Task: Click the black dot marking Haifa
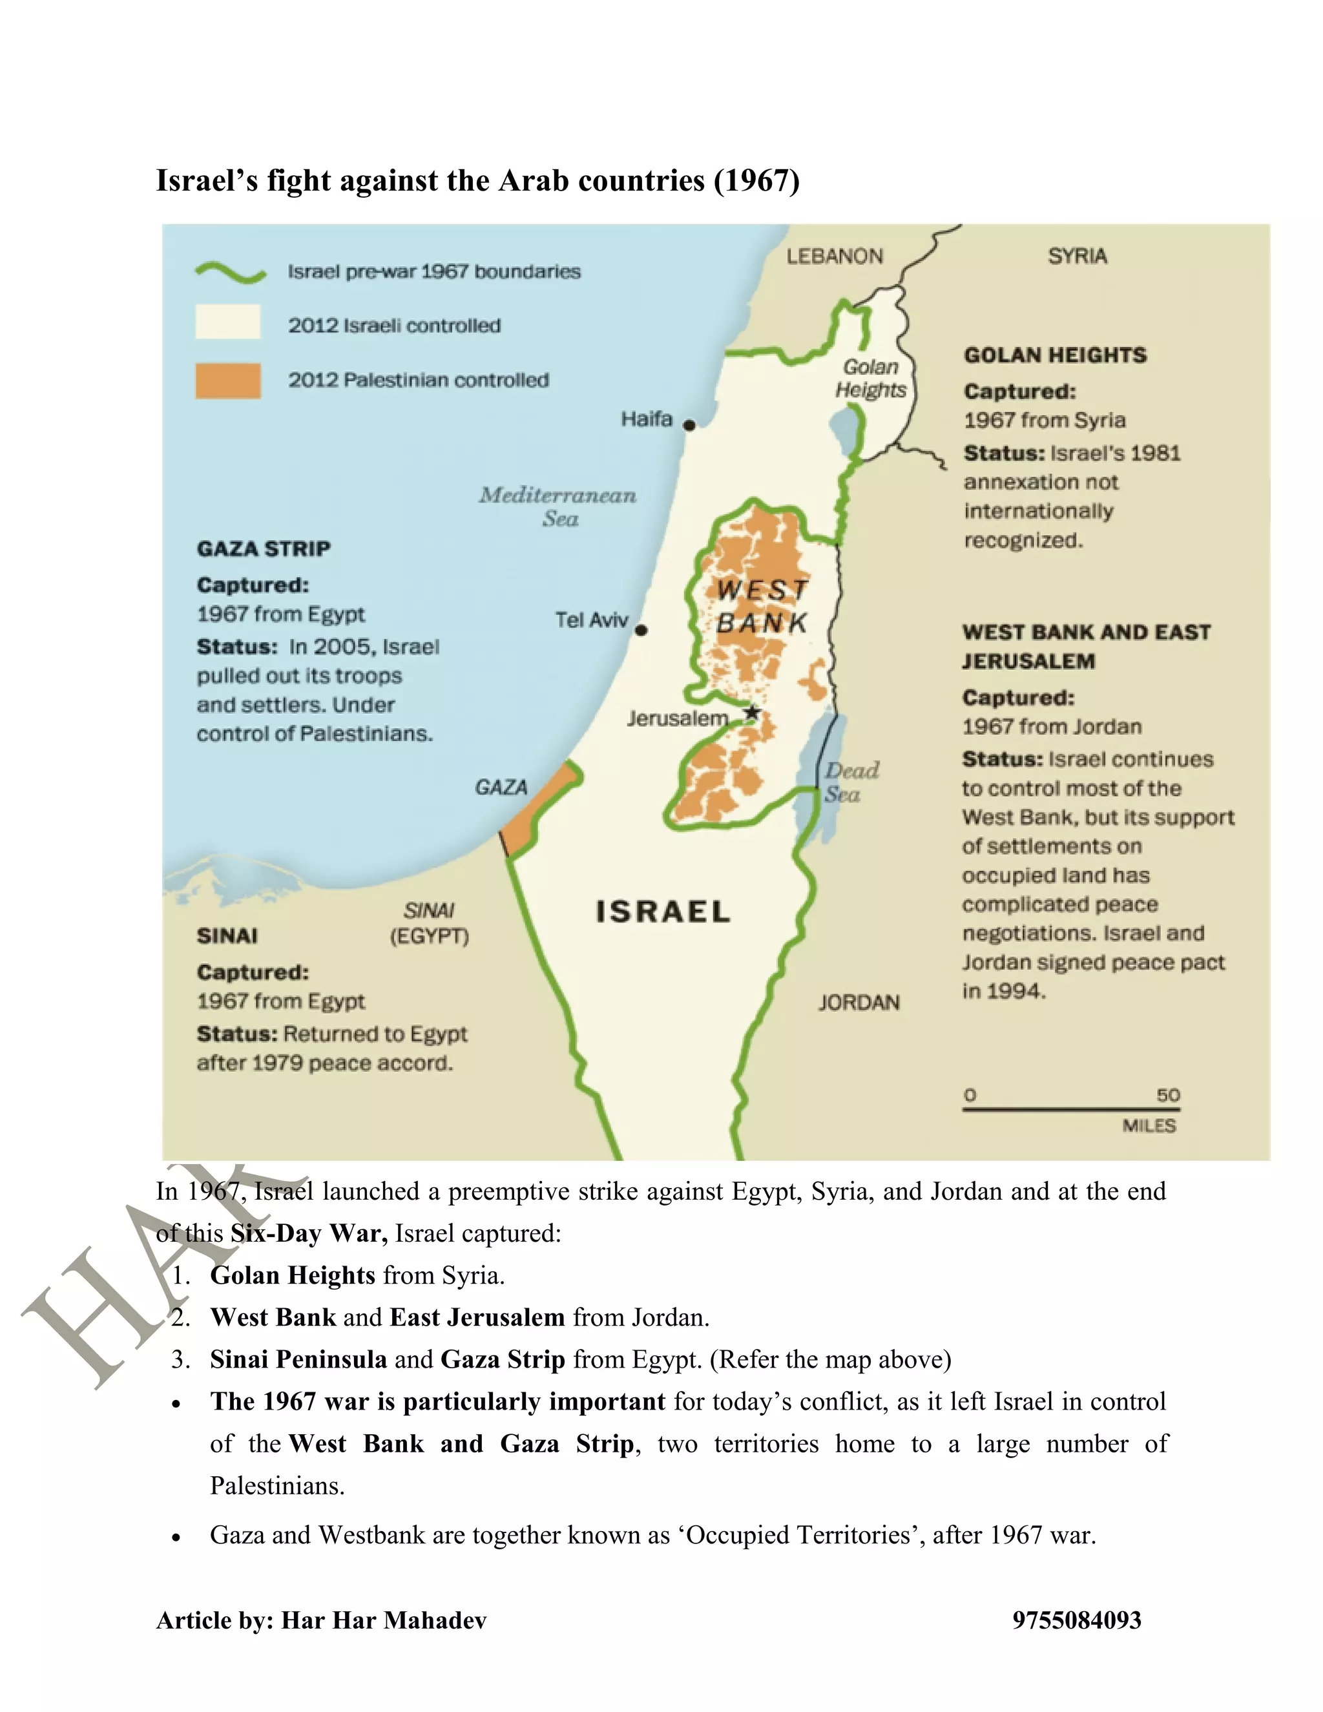[x=689, y=425]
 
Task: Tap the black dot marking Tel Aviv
[x=641, y=629]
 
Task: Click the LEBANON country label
[x=835, y=256]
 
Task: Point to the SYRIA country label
[x=1078, y=256]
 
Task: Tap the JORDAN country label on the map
[x=859, y=1003]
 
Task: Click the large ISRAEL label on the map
[x=663, y=912]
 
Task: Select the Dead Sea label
[x=851, y=782]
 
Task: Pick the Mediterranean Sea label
[x=558, y=506]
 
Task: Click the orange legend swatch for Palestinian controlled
[x=228, y=381]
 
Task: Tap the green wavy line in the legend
[x=231, y=271]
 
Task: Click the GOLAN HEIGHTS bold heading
[x=1055, y=355]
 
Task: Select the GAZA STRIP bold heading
[x=264, y=548]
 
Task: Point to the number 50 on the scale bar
[x=1168, y=1094]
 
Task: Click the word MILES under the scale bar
[x=1149, y=1125]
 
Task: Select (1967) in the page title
[x=756, y=180]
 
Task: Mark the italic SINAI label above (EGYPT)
[x=429, y=910]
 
